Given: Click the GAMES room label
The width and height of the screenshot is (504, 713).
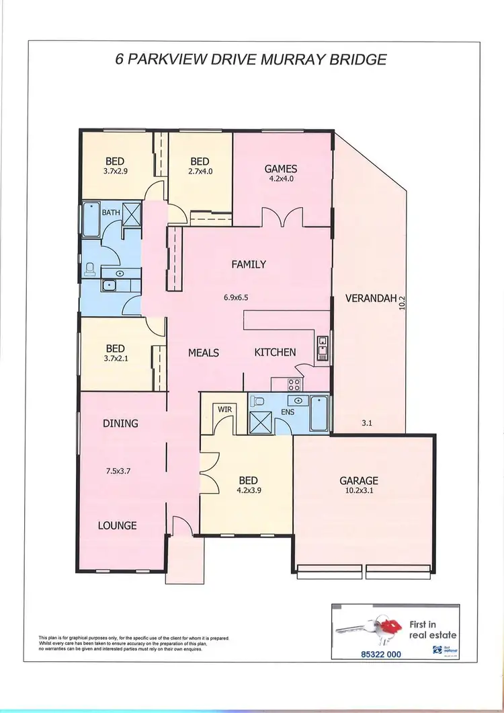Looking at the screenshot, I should pyautogui.click(x=280, y=169).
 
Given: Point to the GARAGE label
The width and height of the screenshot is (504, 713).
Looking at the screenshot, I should pyautogui.click(x=358, y=480).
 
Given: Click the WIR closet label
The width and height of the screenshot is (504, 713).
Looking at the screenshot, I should pyautogui.click(x=224, y=408).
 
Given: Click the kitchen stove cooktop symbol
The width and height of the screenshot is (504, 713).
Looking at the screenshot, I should pyautogui.click(x=294, y=385).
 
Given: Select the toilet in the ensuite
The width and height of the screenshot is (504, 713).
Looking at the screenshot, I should pyautogui.click(x=255, y=402).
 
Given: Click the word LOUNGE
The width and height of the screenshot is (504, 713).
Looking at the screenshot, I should pyautogui.click(x=118, y=525).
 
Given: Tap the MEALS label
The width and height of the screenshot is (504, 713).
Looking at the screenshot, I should pyautogui.click(x=204, y=352).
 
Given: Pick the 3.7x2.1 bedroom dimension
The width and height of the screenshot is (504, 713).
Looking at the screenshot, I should pyautogui.click(x=115, y=359).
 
